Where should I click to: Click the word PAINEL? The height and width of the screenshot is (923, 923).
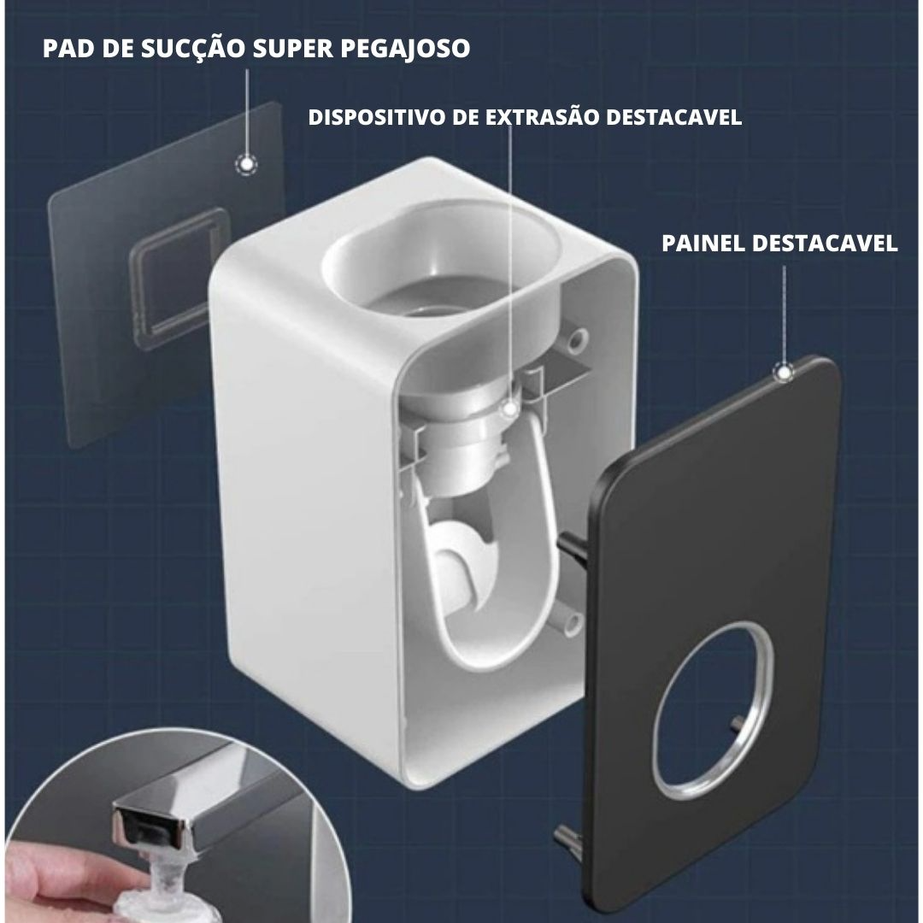[x=703, y=243]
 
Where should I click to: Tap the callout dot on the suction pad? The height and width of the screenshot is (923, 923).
[x=246, y=164]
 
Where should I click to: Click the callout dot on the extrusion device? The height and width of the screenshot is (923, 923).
[x=511, y=408]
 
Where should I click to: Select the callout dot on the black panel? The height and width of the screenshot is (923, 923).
[x=784, y=372]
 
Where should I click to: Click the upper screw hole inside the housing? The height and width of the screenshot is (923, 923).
[x=577, y=340]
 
